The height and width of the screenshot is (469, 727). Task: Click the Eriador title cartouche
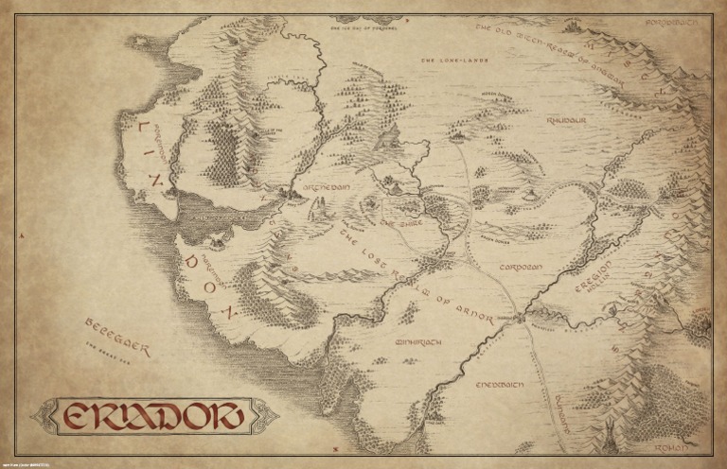[x=151, y=417]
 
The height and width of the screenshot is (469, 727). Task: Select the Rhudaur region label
[x=566, y=122]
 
